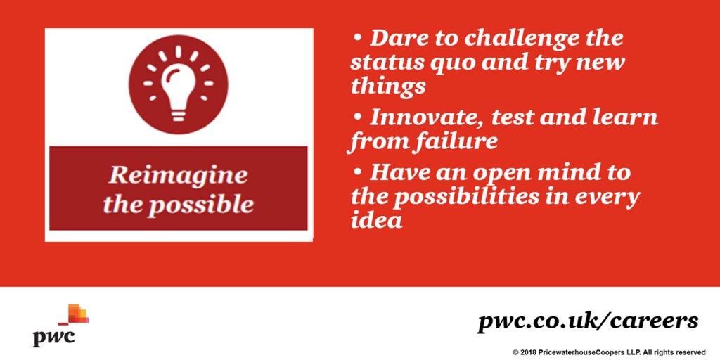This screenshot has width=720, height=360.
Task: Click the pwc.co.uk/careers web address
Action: point(588,322)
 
